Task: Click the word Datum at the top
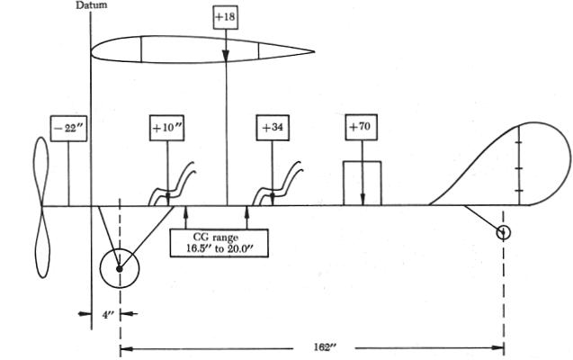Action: pos(90,5)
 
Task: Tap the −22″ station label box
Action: pos(68,128)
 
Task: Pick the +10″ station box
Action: pos(167,128)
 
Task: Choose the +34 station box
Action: pos(273,128)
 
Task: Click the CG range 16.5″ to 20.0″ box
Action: pos(217,242)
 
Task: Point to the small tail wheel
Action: pos(504,232)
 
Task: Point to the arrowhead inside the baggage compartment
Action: pos(362,199)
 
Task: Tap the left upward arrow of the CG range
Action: pos(184,212)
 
